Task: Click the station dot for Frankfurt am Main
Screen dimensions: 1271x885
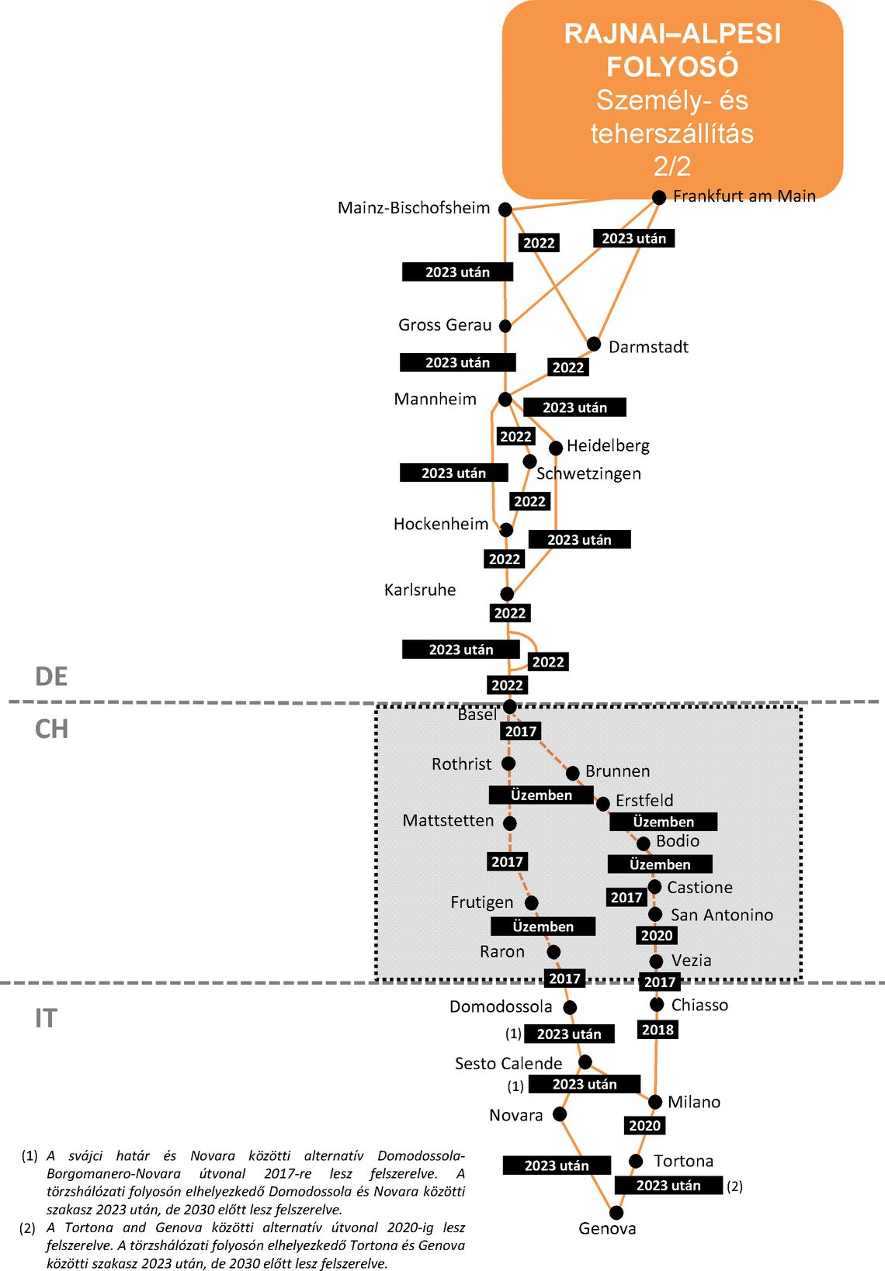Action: (x=658, y=197)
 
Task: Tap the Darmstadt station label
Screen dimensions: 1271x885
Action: (x=648, y=347)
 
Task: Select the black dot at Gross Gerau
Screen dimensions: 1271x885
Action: (x=505, y=326)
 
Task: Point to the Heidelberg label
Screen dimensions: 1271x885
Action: (x=608, y=445)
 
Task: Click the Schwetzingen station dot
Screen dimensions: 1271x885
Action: (x=529, y=461)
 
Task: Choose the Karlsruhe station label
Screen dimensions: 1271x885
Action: (x=420, y=590)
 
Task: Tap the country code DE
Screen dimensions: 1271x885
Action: (x=51, y=677)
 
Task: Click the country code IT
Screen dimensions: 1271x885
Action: (x=46, y=1018)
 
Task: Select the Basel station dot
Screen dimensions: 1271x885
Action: (x=509, y=706)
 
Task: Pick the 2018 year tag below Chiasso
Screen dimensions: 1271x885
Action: (x=658, y=1030)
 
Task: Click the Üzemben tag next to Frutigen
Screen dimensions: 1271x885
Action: (x=543, y=926)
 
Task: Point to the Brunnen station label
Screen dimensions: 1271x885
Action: (x=617, y=771)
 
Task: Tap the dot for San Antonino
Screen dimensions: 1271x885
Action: (x=655, y=914)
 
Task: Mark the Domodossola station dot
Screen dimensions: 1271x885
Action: (x=570, y=1007)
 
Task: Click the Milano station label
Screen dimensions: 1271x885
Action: (x=693, y=1102)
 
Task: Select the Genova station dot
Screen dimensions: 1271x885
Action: (x=616, y=1212)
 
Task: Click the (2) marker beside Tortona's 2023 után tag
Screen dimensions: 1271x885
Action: (x=734, y=1186)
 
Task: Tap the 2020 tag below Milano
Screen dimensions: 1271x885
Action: (x=644, y=1125)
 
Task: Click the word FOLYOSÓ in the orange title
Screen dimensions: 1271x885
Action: (x=672, y=67)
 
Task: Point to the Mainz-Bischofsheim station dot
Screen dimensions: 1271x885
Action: (x=505, y=210)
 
